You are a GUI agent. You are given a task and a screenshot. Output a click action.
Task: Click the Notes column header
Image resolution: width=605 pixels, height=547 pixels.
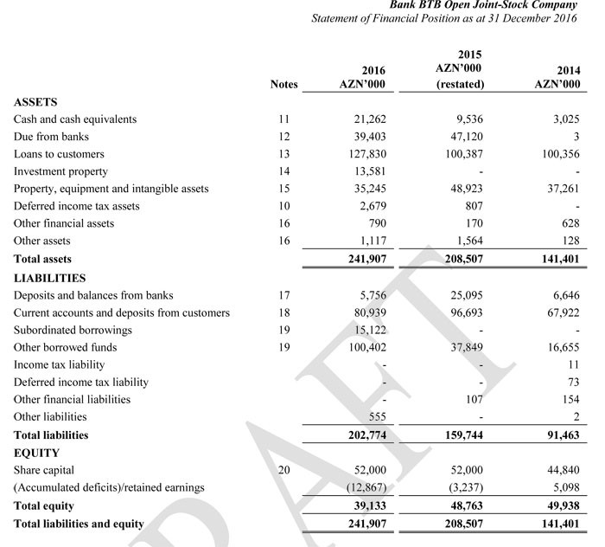pos(283,85)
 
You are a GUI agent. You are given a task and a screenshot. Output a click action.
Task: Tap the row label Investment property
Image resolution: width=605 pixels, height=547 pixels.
pos(60,171)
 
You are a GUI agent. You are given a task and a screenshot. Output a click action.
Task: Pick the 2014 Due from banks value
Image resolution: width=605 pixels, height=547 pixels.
pos(576,137)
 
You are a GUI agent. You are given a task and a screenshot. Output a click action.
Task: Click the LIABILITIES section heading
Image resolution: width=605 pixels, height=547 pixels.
pos(49,278)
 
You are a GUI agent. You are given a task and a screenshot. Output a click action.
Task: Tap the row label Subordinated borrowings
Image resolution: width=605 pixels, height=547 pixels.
pos(73,330)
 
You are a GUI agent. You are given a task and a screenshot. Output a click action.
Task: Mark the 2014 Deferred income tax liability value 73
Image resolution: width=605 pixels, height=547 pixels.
pos(572,382)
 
